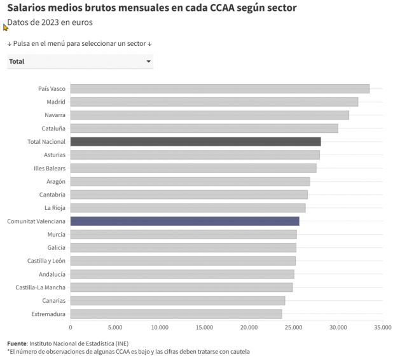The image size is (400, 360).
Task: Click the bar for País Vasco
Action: click(219, 88)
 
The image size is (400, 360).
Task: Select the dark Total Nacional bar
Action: click(195, 141)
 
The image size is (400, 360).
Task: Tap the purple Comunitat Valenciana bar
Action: click(184, 221)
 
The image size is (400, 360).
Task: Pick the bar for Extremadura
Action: click(176, 314)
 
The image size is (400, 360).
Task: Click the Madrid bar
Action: click(214, 102)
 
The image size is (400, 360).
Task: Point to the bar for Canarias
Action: click(177, 300)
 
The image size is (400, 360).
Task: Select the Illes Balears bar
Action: click(193, 168)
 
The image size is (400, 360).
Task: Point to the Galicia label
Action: click(56, 247)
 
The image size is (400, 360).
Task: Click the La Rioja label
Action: click(55, 208)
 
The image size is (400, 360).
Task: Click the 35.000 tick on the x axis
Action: click(383, 328)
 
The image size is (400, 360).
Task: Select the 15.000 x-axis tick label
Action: click(204, 328)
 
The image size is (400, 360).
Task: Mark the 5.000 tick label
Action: click(115, 328)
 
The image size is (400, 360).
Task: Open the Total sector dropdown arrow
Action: click(149, 62)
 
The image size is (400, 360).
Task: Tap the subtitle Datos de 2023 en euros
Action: click(50, 23)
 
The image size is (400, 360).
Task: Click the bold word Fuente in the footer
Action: click(17, 343)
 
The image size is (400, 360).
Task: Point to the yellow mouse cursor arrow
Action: click(6, 27)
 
